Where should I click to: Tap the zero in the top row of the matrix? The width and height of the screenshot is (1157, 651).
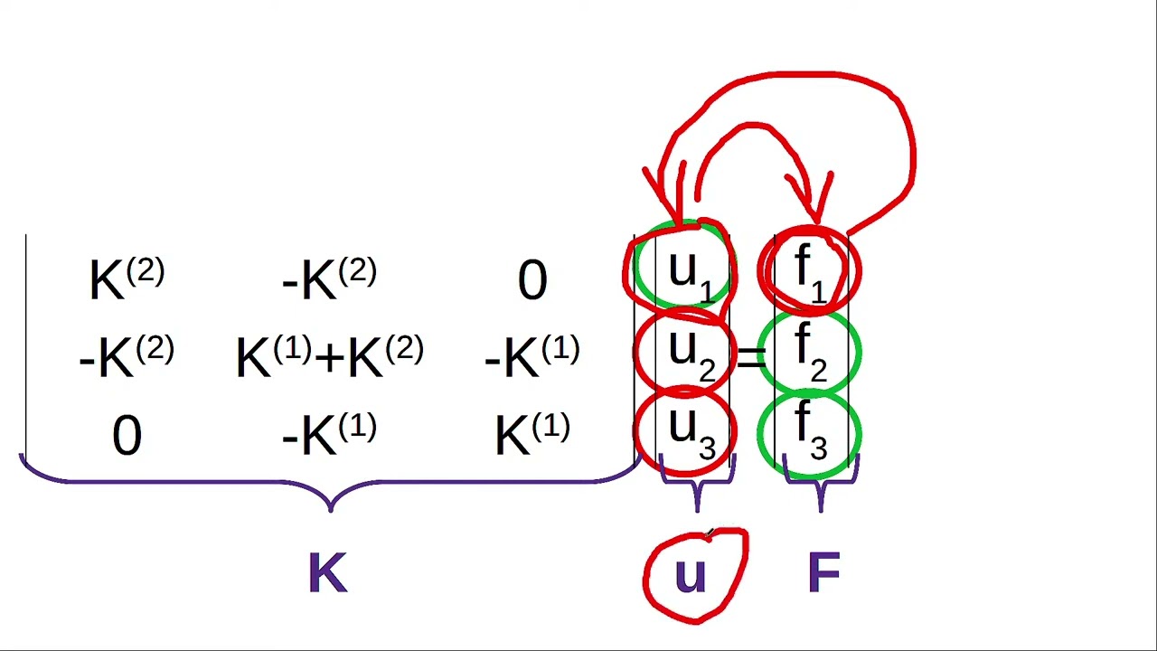coord(532,279)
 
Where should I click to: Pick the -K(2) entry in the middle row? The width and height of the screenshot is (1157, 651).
coord(127,356)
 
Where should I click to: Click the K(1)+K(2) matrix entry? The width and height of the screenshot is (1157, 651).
coord(330,356)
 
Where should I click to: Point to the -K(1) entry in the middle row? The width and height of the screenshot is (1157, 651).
coord(532,356)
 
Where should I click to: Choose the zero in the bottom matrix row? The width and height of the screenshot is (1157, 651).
coord(127,436)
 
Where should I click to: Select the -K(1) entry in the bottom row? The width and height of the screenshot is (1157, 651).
coord(329,433)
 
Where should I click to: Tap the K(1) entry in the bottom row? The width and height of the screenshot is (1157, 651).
coord(532,433)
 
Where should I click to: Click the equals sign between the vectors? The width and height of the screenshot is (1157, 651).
coord(751,358)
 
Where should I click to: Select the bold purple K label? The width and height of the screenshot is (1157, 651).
coord(328,572)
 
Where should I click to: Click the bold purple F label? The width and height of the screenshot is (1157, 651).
coord(823,572)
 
